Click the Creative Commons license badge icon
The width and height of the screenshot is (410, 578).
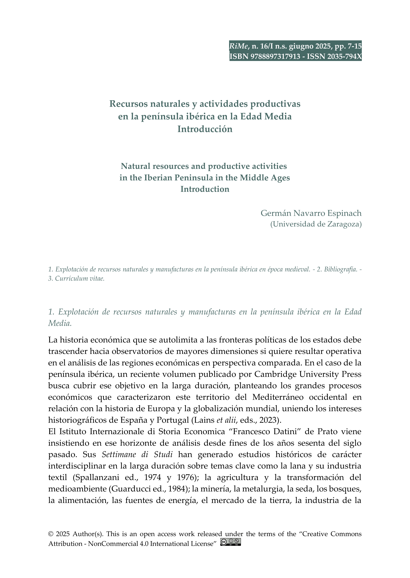point(231,542)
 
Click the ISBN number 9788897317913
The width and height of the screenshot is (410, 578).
point(275,56)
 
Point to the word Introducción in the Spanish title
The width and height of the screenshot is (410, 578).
point(205,129)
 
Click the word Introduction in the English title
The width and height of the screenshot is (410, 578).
point(205,189)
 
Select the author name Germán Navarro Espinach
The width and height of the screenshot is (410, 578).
point(311,213)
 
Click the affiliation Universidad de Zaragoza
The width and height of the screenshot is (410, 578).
point(316,224)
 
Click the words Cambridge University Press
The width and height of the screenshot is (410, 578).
point(308,374)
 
